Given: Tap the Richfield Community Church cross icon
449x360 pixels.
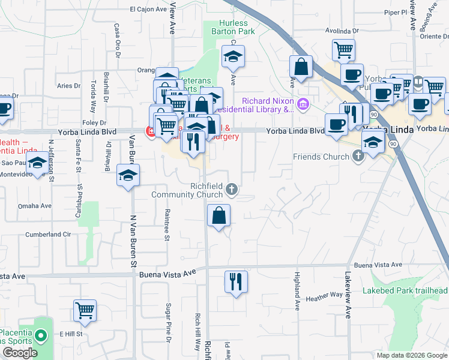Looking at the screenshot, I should click(232, 191).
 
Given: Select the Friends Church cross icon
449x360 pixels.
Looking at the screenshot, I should click(358, 157).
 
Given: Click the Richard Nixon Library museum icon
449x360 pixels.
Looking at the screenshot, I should click(303, 105).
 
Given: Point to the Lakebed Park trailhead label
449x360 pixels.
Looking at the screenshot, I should click(405, 291).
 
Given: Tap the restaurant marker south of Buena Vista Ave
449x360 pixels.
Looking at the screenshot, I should click(236, 281).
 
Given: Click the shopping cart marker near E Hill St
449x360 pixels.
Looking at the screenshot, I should click(85, 310).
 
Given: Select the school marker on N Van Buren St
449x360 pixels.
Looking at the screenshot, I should click(128, 175).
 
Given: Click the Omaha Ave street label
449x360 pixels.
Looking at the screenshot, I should click(35, 205).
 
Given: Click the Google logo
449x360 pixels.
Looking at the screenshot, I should click(20, 353).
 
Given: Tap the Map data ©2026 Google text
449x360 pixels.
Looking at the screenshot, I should click(411, 355).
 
